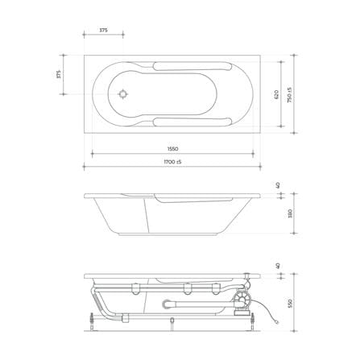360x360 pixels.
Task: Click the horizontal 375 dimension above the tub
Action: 103,31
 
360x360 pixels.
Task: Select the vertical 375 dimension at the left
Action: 59,74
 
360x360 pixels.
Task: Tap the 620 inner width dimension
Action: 276,95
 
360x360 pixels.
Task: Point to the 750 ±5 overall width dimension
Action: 289,95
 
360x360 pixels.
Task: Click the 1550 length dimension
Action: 172,149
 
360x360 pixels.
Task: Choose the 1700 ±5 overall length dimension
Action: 172,162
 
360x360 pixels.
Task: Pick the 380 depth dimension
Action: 290,213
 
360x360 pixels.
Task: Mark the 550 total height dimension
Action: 290,303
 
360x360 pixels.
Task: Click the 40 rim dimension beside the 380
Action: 278,185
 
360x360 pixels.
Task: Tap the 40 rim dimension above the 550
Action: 278,266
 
